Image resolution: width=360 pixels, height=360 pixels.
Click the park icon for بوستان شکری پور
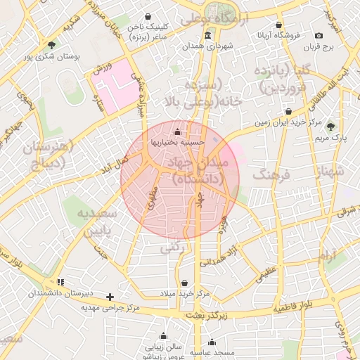point(51,45)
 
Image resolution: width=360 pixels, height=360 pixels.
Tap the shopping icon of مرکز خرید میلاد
point(185,283)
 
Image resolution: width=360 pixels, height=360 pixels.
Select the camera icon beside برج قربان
point(319,36)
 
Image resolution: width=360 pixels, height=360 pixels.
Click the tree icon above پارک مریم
point(331,127)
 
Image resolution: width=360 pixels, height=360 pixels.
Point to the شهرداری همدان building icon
point(207,36)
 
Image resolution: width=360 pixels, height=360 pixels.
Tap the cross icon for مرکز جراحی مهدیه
point(110,297)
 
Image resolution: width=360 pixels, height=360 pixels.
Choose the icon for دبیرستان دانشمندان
point(60,283)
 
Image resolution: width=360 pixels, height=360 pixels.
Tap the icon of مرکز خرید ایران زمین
point(289,112)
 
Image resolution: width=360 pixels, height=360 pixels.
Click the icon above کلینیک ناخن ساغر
point(148,15)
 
